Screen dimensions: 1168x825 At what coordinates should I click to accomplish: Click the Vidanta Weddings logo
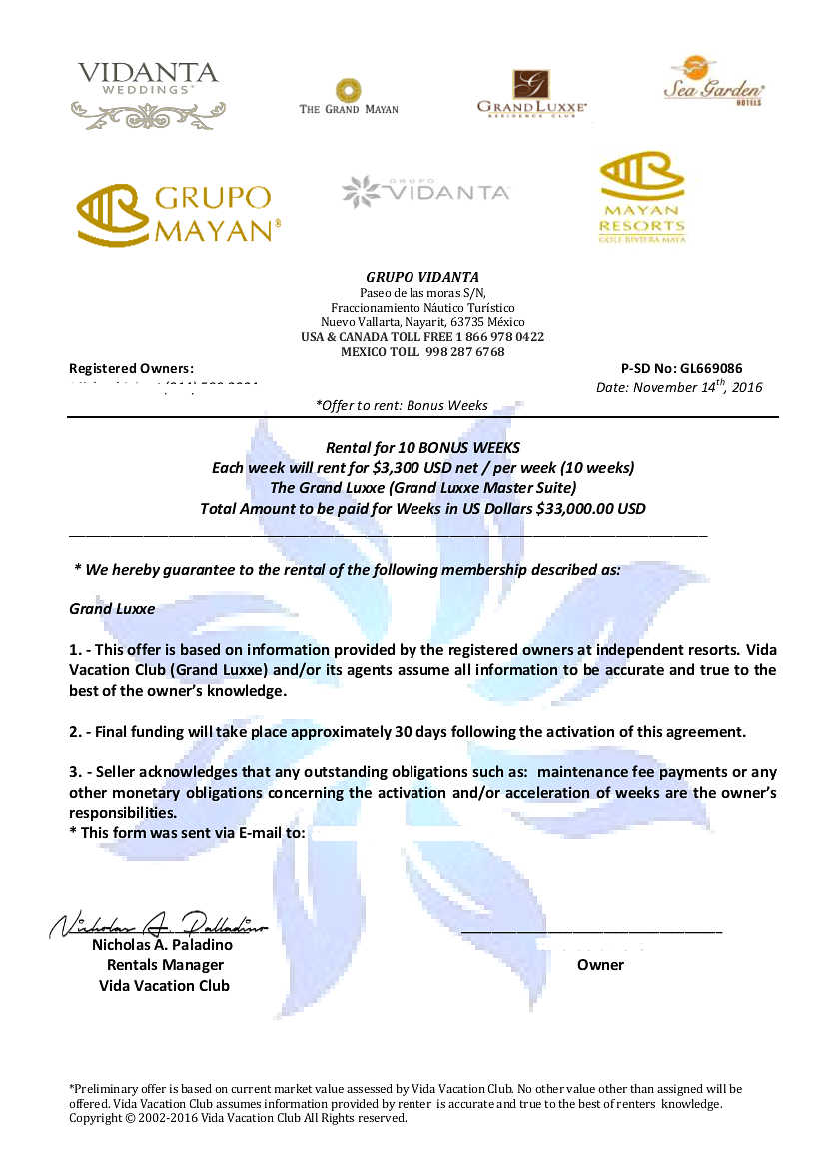click(148, 95)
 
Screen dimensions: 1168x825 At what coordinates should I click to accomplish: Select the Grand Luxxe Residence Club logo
click(531, 93)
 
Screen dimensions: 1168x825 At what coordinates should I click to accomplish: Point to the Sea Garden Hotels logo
click(714, 81)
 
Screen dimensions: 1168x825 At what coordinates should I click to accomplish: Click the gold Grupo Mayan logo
click(179, 214)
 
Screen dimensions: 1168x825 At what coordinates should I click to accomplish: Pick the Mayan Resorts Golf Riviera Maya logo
click(642, 197)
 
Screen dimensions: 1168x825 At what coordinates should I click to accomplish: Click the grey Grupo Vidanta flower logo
click(425, 191)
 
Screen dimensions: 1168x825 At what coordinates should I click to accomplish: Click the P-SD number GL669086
click(711, 368)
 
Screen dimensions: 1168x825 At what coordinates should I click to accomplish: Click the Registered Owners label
click(131, 368)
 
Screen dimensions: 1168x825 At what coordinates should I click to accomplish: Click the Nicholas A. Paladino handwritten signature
click(159, 924)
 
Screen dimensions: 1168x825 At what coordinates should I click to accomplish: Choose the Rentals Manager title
click(165, 965)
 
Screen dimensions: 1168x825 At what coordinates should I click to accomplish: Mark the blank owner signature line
click(591, 932)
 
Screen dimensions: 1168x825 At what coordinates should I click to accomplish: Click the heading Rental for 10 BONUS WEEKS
click(422, 447)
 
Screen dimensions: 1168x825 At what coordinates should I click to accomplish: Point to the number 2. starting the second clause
click(76, 732)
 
